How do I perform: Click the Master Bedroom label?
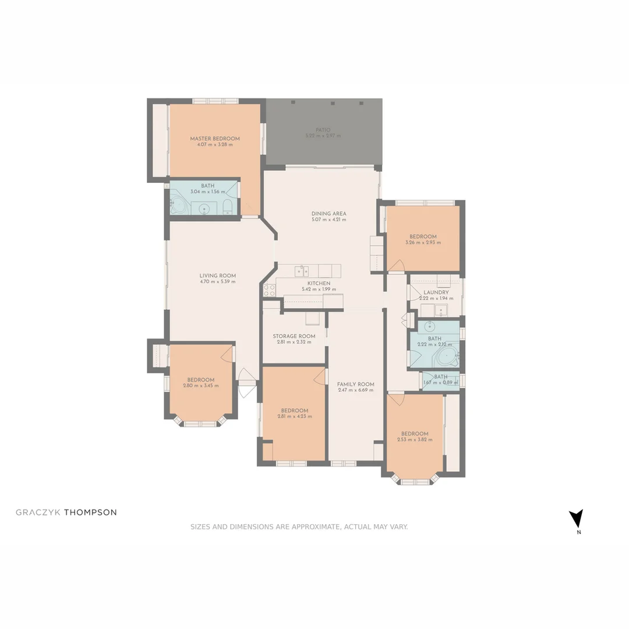[214, 139]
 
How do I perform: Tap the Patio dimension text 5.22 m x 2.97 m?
[323, 136]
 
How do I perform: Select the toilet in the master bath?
[228, 207]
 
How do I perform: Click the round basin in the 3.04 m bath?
[204, 208]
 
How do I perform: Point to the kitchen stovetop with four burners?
[269, 289]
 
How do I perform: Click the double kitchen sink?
[302, 271]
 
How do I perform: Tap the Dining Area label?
[328, 214]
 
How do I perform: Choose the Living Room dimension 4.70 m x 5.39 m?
[217, 282]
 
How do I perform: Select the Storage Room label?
[294, 336]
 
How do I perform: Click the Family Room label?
[355, 384]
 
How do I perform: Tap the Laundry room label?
[436, 292]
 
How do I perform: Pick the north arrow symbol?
[576, 518]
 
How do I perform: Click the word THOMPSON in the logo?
[90, 513]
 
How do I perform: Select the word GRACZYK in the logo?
[38, 513]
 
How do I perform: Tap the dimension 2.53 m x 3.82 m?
[415, 440]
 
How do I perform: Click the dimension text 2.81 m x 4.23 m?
[294, 416]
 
